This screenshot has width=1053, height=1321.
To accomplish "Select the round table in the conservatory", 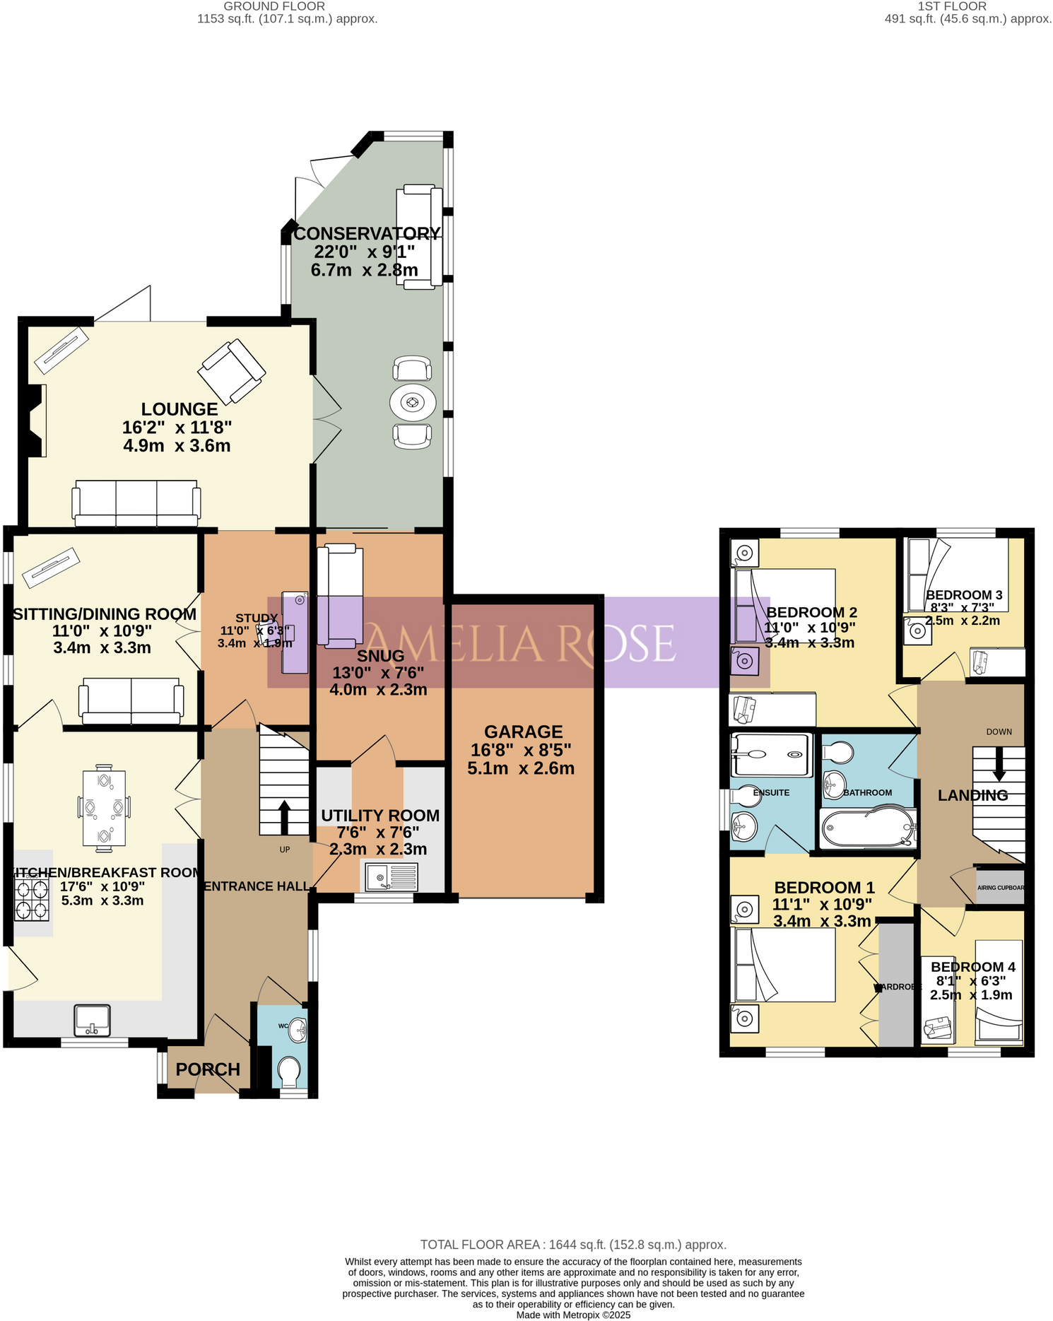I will (x=413, y=403).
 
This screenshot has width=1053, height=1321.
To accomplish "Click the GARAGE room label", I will (x=523, y=732).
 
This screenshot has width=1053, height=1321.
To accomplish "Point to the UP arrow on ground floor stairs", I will (x=284, y=817).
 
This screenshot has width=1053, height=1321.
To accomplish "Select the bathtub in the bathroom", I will (x=868, y=828).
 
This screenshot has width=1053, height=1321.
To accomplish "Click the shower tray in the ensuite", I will (x=770, y=755).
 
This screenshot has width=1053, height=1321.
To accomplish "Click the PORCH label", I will (x=208, y=1069).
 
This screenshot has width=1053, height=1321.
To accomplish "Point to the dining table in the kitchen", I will (x=104, y=806).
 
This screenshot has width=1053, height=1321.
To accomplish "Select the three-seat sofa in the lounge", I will (x=136, y=503).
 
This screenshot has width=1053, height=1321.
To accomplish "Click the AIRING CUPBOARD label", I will (x=1000, y=888).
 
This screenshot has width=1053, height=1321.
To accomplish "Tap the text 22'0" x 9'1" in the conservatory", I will (x=364, y=252).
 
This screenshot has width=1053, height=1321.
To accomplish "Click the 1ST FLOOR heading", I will (x=951, y=6).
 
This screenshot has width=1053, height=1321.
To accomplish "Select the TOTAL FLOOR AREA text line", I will (x=573, y=1245).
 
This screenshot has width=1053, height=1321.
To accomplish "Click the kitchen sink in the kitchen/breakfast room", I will (x=93, y=1020).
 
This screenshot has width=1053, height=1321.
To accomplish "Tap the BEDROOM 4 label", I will (x=972, y=967).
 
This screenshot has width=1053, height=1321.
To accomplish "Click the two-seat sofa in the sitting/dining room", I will (x=131, y=700).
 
